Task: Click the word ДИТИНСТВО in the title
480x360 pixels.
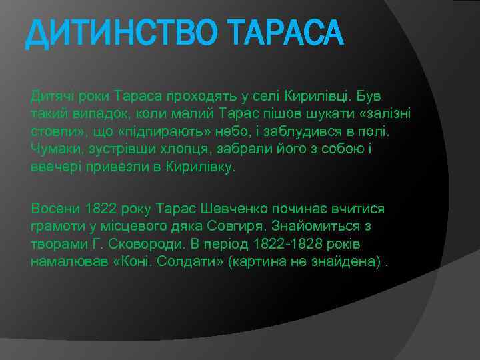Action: coord(113,34)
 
